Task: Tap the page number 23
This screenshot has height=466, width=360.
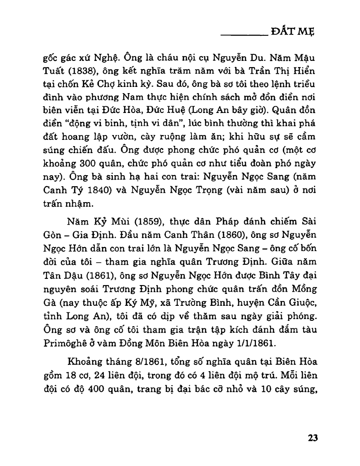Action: click(313, 438)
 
